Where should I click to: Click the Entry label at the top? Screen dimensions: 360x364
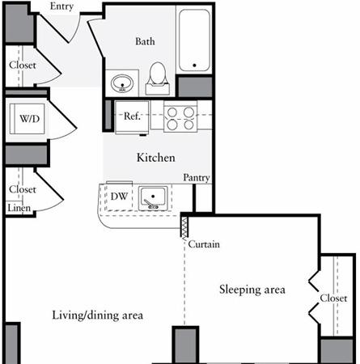coord(61,6)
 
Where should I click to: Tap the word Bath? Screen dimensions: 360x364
coord(145,41)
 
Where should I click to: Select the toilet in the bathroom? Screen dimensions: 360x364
coord(158,78)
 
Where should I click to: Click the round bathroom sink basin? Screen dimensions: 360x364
coord(122,83)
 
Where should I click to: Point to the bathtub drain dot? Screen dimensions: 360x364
coord(194,65)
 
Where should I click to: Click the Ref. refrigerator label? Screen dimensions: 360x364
coord(132,116)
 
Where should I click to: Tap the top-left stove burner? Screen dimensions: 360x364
coord(172,112)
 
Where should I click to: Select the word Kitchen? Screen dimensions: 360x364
coord(156,158)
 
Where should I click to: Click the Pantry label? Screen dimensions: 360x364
coord(197,177)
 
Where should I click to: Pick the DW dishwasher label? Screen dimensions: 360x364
coord(119,197)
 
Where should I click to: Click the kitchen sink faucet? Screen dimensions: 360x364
coord(150,205)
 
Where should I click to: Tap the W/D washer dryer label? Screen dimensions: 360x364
coord(29,118)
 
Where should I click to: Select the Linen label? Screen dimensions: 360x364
coord(19,208)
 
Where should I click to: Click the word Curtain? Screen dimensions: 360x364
coord(204,244)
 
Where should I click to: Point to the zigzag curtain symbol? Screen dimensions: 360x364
coord(184,228)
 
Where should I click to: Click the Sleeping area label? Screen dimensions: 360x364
coord(252,290)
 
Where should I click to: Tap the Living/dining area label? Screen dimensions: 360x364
coord(97,315)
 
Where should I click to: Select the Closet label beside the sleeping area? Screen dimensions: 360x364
coord(333,298)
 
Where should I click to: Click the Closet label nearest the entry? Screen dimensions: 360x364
coord(23,65)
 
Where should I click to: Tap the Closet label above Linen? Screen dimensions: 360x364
coord(23,189)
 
